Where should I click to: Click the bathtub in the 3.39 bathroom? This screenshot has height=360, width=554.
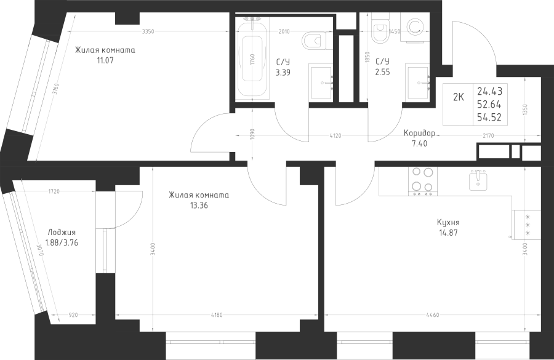[x=252, y=57]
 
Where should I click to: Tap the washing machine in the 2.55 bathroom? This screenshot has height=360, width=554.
[x=415, y=28]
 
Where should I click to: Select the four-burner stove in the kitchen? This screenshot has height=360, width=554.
[x=422, y=181]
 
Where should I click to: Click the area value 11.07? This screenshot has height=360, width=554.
[x=105, y=60]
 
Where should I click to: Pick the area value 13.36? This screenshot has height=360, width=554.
[x=199, y=205]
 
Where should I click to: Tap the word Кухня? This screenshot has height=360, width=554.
[x=448, y=223]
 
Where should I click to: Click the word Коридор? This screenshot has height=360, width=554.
[x=419, y=133]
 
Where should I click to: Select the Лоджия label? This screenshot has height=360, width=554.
[x=62, y=233]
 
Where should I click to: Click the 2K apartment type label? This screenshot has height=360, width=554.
[x=458, y=97]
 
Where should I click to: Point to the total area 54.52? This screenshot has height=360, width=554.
[x=489, y=118]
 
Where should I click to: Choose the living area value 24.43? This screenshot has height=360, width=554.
[x=490, y=91]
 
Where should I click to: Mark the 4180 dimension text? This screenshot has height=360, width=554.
[x=216, y=315]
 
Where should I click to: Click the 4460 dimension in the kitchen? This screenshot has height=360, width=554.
[x=433, y=315]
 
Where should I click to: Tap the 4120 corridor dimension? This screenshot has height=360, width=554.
[x=335, y=135]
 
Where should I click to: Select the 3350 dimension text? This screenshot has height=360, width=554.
[x=148, y=31]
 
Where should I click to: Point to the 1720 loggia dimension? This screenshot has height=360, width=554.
[x=54, y=191]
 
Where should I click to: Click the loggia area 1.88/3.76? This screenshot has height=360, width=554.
[x=62, y=242]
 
